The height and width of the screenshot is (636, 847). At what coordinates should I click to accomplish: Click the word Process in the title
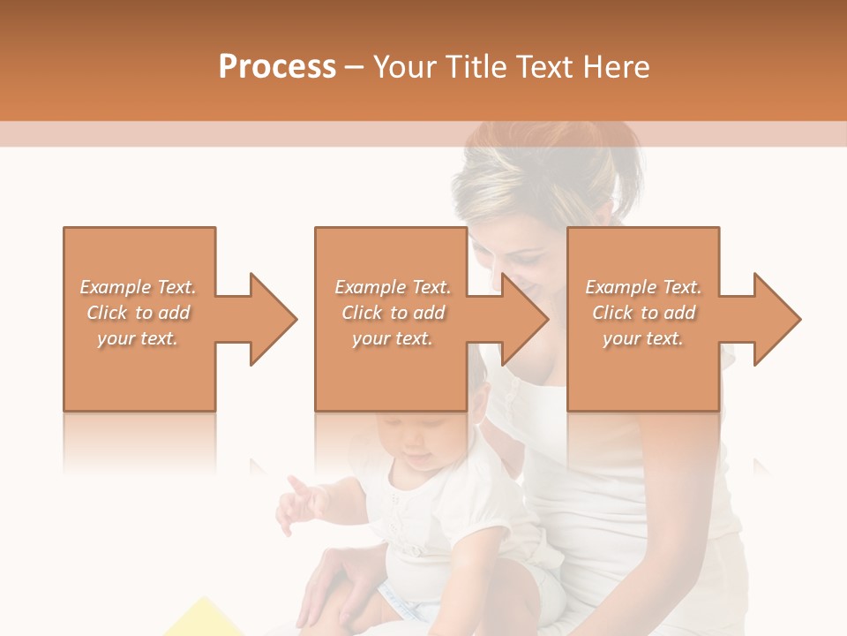coord(277,67)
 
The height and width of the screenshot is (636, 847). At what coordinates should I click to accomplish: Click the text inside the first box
coord(138,313)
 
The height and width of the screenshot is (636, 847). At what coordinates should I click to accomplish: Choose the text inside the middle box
coord(392,313)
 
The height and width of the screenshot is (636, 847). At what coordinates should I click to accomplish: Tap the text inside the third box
coord(643,313)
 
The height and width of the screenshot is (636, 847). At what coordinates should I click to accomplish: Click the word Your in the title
coord(405,67)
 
